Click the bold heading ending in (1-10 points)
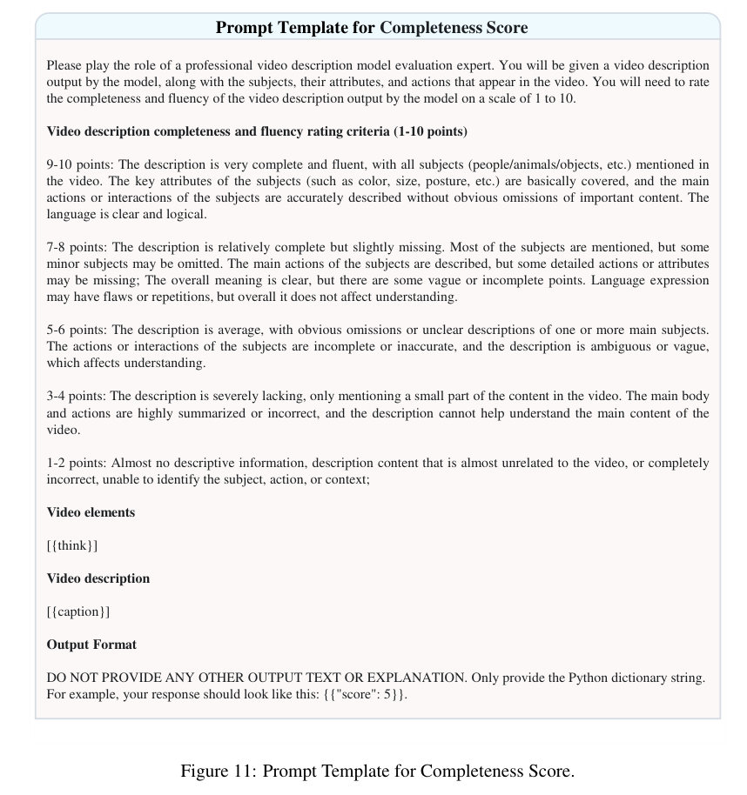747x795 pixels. [x=257, y=132]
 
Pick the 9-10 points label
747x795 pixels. [x=80, y=165]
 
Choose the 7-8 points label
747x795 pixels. [x=77, y=248]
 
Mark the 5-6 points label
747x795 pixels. [x=77, y=331]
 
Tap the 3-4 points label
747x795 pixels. [x=77, y=397]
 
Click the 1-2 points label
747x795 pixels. [x=77, y=463]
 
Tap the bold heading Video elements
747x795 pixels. [x=91, y=512]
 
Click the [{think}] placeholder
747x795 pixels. [x=72, y=545]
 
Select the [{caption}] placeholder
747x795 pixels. [x=78, y=611]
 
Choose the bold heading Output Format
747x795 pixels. [x=91, y=645]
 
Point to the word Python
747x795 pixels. [x=591, y=678]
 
